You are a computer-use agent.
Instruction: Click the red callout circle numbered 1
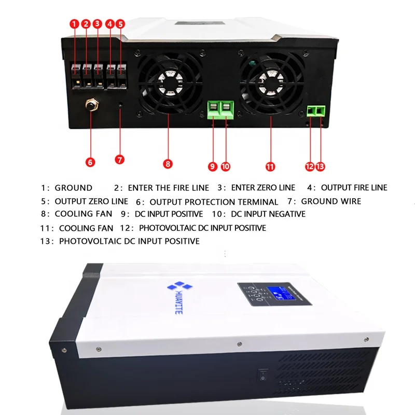(x=74, y=24)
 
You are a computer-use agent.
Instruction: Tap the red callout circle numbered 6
(x=90, y=162)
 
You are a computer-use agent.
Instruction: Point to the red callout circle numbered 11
(x=270, y=166)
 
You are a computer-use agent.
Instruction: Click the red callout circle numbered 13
(x=320, y=166)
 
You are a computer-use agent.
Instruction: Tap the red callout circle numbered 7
(x=120, y=159)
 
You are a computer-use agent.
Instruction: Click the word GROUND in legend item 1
(x=73, y=188)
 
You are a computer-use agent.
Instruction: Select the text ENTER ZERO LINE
(x=263, y=188)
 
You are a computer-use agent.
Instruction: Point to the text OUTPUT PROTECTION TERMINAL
(x=214, y=202)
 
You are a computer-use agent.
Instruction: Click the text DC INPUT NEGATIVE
(x=268, y=214)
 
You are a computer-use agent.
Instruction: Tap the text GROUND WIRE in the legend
(x=331, y=201)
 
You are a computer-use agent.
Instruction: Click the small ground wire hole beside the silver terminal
(x=120, y=105)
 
